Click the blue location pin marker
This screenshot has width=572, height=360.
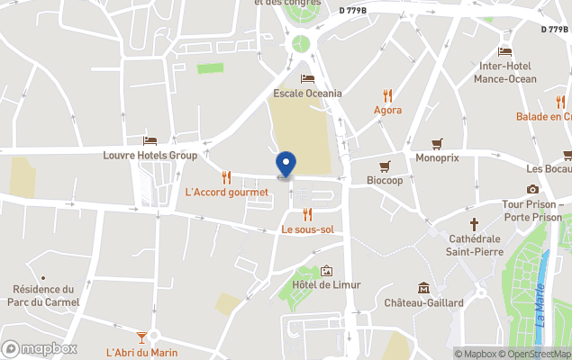286,165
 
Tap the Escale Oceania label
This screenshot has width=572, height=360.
307,93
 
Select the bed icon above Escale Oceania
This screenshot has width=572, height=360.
307,78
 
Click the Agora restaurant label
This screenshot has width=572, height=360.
387,110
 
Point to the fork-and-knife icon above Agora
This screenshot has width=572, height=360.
387,94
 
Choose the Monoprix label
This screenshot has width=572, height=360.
437,157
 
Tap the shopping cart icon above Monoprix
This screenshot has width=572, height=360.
438,142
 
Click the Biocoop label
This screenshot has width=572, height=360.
385,180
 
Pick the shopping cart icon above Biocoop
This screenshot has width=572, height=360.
385,166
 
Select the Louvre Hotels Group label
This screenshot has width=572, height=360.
150,155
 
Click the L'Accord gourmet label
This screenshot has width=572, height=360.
226,192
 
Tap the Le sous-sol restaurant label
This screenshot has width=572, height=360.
307,229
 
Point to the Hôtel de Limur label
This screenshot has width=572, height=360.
326,284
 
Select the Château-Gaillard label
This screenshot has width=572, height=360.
423,302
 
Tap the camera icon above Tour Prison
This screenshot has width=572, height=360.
532,189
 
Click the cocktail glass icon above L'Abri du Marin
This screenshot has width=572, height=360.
140,337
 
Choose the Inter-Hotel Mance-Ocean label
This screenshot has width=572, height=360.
507,72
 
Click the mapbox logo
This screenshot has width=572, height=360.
40,348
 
